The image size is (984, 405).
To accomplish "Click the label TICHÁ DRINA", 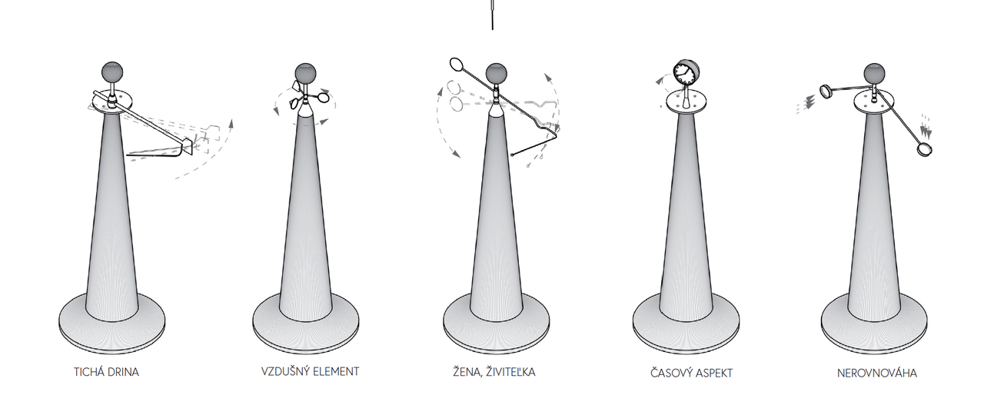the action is (x=106, y=373).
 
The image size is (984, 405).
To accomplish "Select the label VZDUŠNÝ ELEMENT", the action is (x=310, y=372).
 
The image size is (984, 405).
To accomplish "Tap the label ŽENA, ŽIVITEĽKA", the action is (x=494, y=372).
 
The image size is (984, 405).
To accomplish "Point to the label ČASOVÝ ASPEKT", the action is (x=691, y=373).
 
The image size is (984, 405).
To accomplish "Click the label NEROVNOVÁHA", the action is (x=877, y=373).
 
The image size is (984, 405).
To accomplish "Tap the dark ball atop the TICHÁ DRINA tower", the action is (x=112, y=71).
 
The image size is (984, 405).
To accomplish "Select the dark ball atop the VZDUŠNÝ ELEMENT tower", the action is (x=305, y=73).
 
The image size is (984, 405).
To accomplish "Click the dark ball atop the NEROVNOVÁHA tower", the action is (x=874, y=73).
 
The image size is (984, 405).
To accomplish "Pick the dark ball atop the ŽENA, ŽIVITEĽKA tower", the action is (x=497, y=73).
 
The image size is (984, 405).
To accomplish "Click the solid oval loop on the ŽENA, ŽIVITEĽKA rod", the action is (x=457, y=65).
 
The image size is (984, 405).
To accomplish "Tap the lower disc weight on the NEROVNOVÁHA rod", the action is (x=924, y=149).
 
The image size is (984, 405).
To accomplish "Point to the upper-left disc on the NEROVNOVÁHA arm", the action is (x=825, y=91).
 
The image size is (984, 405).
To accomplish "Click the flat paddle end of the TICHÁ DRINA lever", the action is (x=188, y=146).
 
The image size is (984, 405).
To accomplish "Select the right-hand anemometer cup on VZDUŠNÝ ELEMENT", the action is (x=324, y=96).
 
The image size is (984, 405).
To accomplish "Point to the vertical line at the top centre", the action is (x=492, y=15).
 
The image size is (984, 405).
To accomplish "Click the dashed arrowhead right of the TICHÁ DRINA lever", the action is (x=231, y=122).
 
